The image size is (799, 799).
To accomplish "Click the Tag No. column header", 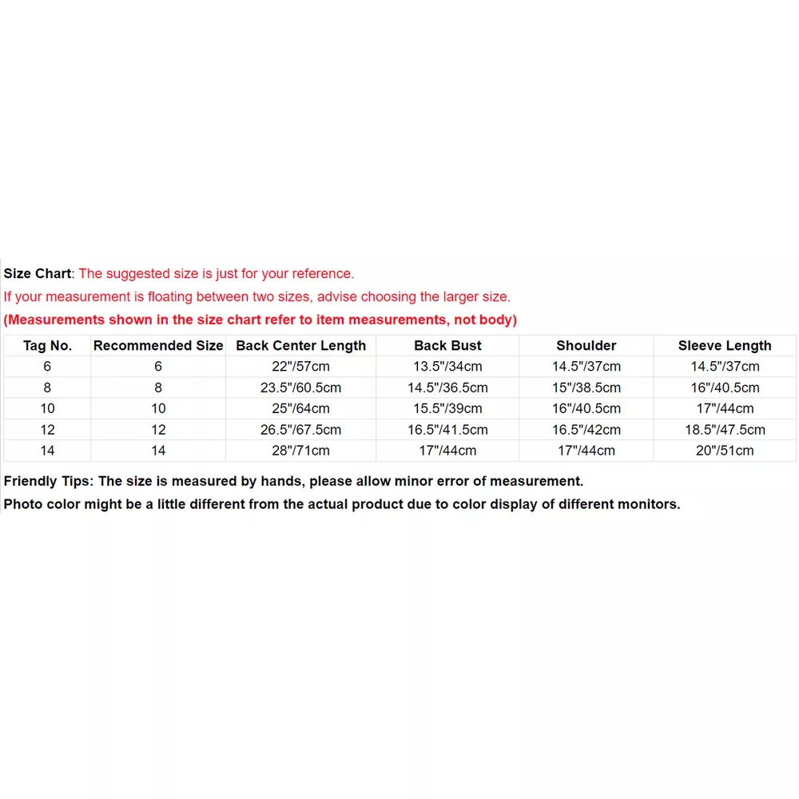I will pyautogui.click(x=47, y=346).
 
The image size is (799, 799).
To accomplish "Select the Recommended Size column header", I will pyautogui.click(x=158, y=346).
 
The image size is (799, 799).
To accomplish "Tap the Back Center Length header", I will pyautogui.click(x=300, y=346).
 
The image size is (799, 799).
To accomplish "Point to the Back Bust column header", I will pyautogui.click(x=447, y=346).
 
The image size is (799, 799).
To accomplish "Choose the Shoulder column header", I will pyautogui.click(x=586, y=346).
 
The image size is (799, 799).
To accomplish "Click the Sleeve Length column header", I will pyautogui.click(x=725, y=346).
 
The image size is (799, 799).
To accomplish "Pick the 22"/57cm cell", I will pyautogui.click(x=300, y=367).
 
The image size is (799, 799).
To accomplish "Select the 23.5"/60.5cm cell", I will pyautogui.click(x=300, y=388).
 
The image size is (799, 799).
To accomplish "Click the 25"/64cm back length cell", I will pyautogui.click(x=300, y=408).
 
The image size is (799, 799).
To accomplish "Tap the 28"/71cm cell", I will pyautogui.click(x=300, y=451).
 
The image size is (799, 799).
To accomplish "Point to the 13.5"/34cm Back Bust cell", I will pyautogui.click(x=447, y=367).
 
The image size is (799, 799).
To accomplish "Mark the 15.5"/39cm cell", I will pyautogui.click(x=447, y=408).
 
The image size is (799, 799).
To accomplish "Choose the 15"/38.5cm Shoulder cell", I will pyautogui.click(x=586, y=388).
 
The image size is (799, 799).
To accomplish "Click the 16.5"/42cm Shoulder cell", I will pyautogui.click(x=586, y=430).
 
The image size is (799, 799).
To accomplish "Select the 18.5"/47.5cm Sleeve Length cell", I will pyautogui.click(x=725, y=430).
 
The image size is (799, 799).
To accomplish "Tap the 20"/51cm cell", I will pyautogui.click(x=725, y=451).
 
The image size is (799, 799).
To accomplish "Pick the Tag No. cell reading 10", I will pyautogui.click(x=47, y=408).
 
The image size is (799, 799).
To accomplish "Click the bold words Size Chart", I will pyautogui.click(x=38, y=273).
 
